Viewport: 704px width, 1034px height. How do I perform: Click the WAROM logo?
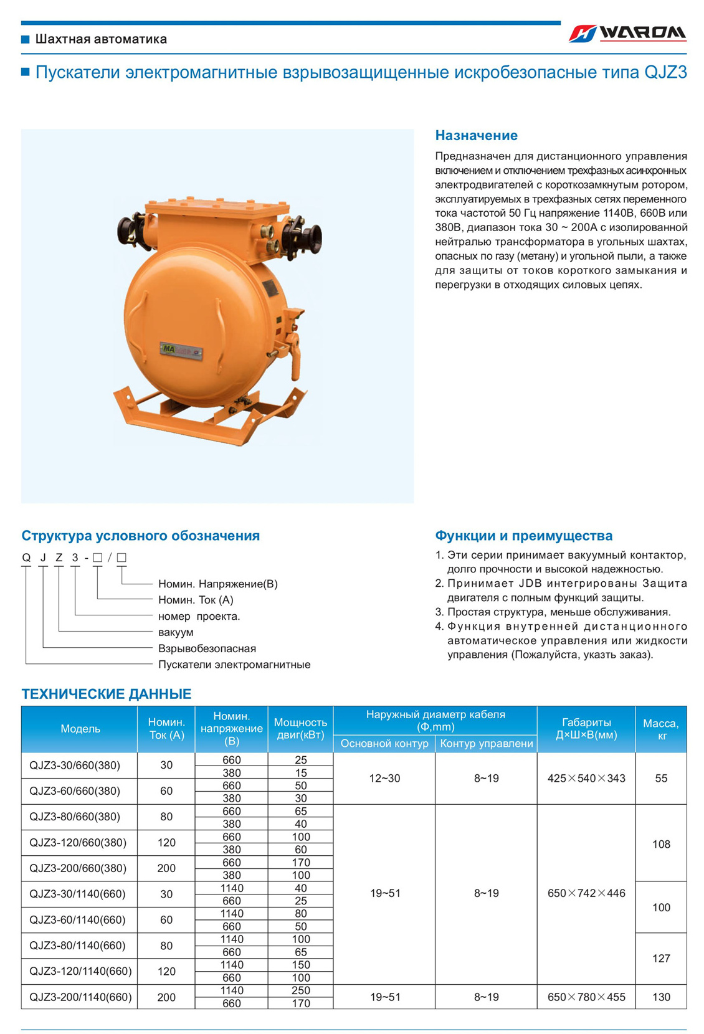627,33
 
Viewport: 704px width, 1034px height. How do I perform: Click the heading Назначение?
476,135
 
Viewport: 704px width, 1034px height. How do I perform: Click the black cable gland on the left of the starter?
133,229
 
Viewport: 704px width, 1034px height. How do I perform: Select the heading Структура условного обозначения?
140,536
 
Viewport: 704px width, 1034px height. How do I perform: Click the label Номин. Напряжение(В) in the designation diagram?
217,584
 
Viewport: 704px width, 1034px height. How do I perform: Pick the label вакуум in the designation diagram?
176,632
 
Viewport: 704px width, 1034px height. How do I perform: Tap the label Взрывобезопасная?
207,648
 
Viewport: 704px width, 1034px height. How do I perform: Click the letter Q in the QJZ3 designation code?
26,557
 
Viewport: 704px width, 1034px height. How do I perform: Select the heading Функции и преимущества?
523,536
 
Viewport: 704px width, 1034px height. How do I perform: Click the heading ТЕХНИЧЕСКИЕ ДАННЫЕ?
107,694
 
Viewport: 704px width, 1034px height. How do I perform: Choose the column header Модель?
80,729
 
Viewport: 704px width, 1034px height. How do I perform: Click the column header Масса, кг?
660,729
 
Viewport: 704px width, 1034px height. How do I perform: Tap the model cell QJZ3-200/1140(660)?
80,997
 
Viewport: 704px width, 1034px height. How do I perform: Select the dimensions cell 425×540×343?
586,778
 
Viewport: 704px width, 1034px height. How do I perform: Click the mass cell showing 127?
661,958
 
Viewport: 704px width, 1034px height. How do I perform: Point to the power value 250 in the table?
301,990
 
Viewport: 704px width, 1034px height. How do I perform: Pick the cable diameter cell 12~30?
384,778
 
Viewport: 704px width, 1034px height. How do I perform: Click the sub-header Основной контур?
384,743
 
